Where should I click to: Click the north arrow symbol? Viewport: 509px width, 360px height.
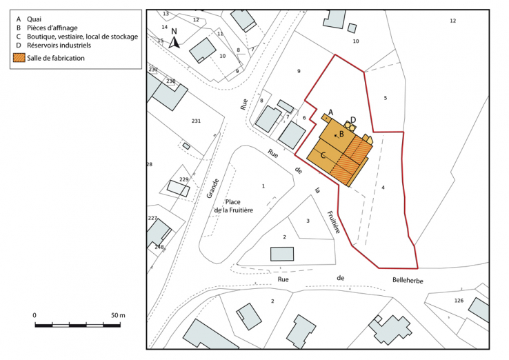175,40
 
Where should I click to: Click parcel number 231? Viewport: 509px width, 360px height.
196,121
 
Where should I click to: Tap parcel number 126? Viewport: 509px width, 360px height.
459,301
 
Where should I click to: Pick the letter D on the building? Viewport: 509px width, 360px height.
353,119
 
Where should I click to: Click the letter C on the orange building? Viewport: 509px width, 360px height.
323,156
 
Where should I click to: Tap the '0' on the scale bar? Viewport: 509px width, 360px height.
34,315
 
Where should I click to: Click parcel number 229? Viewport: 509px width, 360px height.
183,179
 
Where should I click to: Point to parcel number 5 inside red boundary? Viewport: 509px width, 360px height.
386,98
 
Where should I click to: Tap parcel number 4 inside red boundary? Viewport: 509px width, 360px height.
382,188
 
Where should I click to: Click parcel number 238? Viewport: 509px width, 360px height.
170,81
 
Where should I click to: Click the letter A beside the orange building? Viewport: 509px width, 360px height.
330,112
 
